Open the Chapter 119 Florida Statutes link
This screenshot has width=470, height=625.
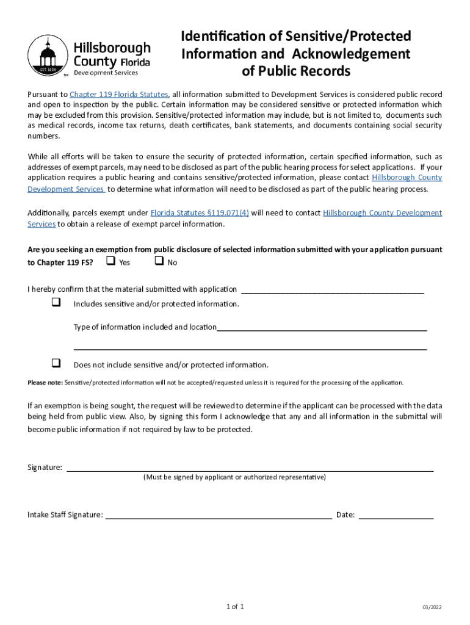pos(119,94)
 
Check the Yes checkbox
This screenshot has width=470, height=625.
pos(110,262)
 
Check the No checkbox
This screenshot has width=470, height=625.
pos(159,262)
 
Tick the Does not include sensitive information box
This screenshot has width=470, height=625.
pos(56,364)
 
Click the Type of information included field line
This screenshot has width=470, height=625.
pos(322,328)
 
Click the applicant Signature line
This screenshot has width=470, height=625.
pos(250,469)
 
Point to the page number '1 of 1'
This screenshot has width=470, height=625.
pos(235,607)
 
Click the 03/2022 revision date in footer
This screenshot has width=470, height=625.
pos(432,607)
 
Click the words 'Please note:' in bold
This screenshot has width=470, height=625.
pos(45,383)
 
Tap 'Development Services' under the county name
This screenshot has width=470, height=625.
pos(106,73)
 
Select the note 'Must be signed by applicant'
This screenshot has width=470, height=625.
pos(234,477)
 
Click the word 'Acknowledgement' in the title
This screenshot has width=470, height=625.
pos(351,54)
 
